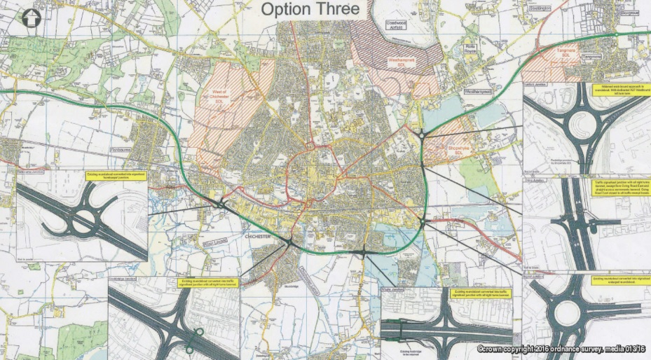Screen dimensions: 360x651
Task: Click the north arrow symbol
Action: click(31, 19)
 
